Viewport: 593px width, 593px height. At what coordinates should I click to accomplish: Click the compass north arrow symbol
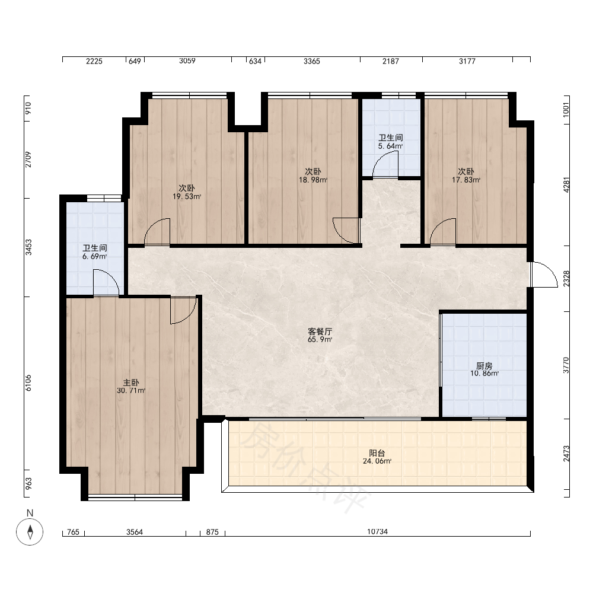30,531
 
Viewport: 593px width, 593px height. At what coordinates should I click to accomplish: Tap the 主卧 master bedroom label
131,382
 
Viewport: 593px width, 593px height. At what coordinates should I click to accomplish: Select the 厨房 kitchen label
484,366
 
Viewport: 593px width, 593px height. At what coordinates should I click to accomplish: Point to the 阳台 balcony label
377,453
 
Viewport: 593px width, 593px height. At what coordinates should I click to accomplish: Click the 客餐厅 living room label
320,331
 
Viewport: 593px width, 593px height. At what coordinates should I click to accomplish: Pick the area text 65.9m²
320,340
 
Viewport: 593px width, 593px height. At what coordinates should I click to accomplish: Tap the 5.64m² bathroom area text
390,146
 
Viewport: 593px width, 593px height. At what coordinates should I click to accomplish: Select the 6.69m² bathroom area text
94,256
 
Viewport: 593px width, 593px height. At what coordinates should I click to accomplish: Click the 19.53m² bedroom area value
187,196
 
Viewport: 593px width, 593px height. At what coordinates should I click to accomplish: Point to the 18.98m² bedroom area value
313,180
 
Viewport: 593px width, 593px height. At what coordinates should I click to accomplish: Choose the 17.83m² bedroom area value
466,180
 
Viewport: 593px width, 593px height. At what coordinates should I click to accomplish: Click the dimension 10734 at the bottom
377,532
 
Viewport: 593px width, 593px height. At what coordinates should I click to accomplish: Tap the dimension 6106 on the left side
28,382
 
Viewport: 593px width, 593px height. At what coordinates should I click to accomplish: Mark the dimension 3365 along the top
312,61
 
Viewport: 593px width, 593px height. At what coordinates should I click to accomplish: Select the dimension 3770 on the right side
566,365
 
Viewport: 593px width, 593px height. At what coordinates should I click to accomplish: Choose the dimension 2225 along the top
94,61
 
